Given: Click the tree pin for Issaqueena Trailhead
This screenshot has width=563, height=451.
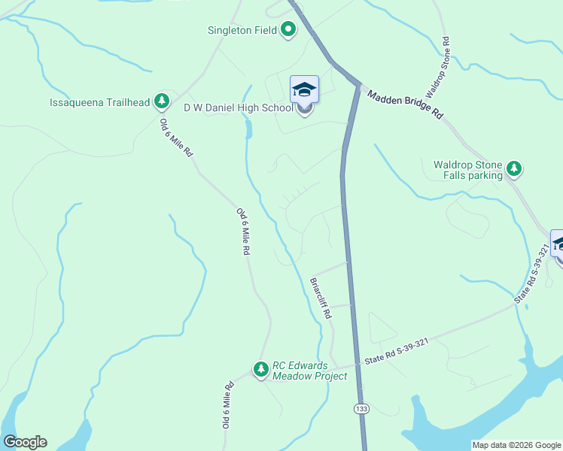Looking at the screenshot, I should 161,101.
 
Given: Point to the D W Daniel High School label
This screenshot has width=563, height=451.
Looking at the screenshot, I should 239,108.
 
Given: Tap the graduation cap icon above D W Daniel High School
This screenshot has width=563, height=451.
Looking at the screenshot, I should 305,90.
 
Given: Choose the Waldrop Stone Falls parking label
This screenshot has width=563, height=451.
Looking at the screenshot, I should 467,170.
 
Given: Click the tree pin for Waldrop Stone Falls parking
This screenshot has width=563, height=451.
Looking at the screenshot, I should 514,168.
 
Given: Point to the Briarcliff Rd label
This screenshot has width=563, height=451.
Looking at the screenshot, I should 321,299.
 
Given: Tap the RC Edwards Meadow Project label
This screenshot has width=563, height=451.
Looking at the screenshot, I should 310,370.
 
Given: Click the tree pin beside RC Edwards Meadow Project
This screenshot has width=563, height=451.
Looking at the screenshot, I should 260,369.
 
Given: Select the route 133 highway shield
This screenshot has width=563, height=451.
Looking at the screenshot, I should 361,408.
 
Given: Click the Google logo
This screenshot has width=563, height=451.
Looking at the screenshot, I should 25,442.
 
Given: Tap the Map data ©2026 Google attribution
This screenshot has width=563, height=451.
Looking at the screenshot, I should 516,445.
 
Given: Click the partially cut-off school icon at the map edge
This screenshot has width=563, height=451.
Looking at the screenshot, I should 558,244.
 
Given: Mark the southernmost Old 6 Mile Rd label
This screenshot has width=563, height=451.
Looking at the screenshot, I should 228,405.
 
